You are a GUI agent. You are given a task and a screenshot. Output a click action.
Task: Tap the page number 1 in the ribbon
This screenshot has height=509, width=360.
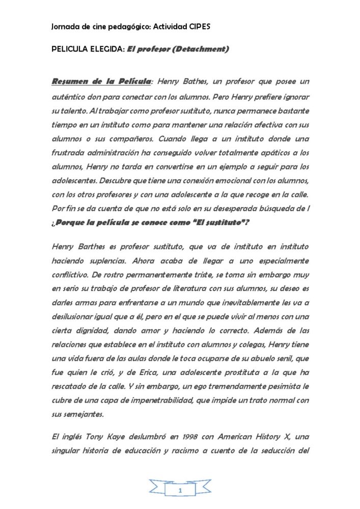coord(180,490)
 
